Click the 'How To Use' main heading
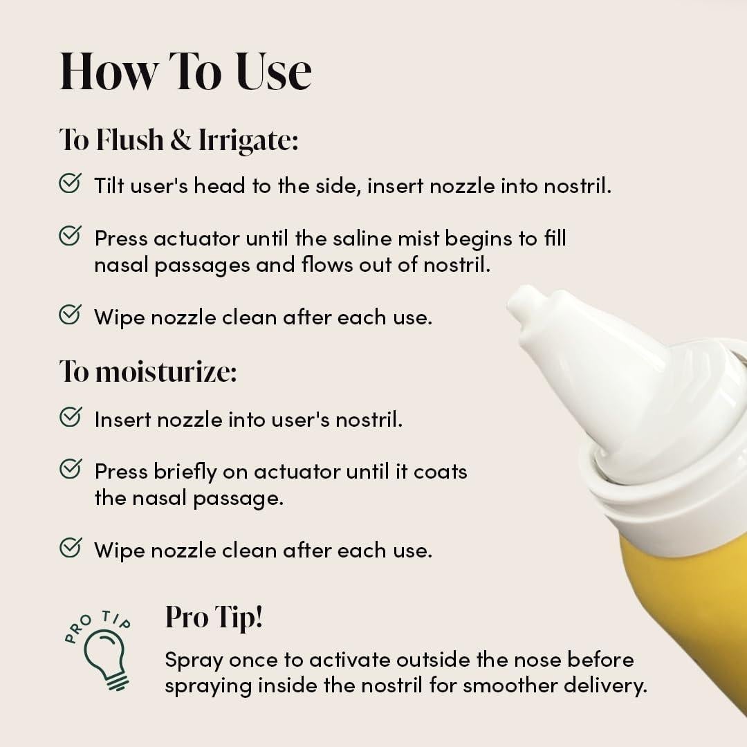tap(185, 71)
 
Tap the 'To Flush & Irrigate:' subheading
tap(178, 140)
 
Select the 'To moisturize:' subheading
tap(148, 371)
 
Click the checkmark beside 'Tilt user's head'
tap(70, 183)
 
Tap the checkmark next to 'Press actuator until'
tap(70, 236)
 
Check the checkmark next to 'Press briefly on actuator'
tap(70, 469)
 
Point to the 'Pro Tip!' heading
tap(214, 617)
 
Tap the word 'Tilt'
tap(108, 185)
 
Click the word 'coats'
tap(441, 472)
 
